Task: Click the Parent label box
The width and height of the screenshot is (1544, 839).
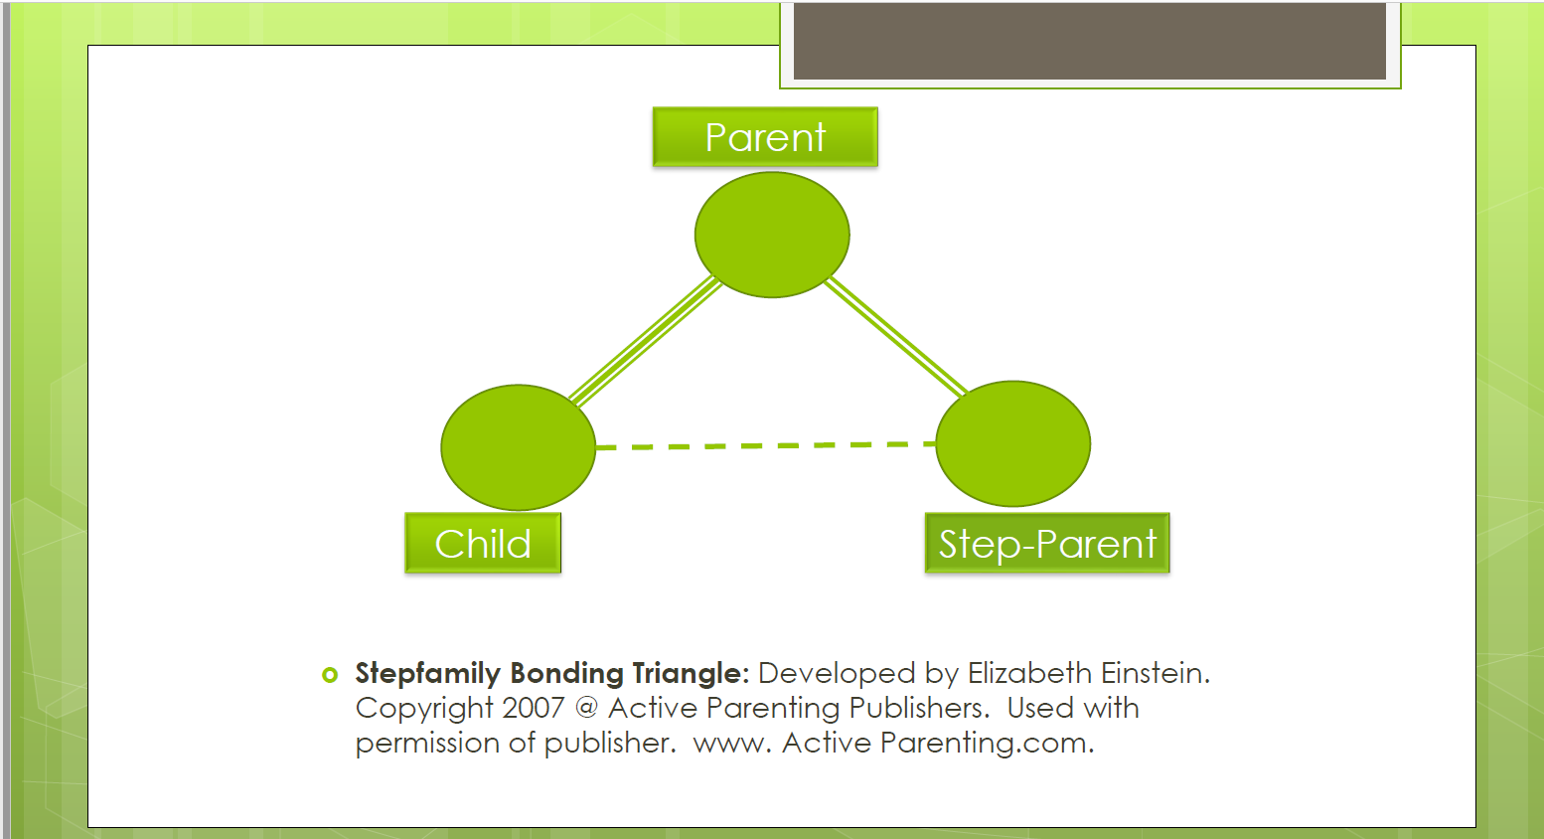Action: [765, 137]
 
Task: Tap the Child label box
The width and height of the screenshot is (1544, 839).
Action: [483, 544]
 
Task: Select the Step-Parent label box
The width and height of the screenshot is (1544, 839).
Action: [1047, 544]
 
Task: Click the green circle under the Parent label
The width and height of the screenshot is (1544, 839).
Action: [772, 235]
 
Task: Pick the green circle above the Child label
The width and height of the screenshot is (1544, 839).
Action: [518, 447]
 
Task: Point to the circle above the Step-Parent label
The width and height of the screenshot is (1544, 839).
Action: [1012, 443]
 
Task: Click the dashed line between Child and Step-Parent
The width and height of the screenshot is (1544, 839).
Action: [765, 445]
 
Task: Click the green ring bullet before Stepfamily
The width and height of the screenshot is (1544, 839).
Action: [330, 675]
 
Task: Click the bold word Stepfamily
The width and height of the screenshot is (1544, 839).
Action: [427, 674]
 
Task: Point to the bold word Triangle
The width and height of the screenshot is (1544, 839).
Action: [690, 673]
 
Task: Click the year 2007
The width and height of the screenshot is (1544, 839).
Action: [534, 708]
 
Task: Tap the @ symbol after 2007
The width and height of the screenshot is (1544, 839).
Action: [586, 708]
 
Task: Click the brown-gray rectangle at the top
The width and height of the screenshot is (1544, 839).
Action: [1089, 40]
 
